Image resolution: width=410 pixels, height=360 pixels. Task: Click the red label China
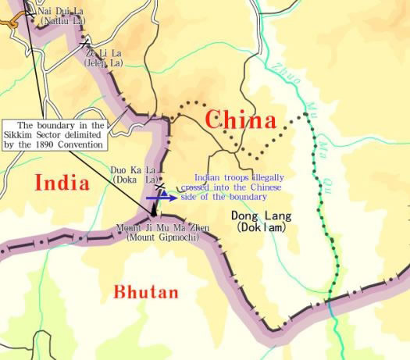(240, 120)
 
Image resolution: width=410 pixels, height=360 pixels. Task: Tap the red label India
(61, 183)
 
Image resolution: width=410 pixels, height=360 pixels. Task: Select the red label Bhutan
(146, 293)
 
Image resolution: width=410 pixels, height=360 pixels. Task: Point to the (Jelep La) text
(105, 62)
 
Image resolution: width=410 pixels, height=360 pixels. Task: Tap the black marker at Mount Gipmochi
(153, 210)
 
